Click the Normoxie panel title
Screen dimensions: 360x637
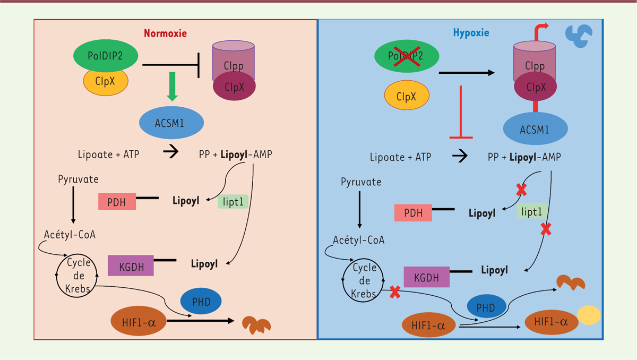[x=165, y=33]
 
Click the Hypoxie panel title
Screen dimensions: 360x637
[x=471, y=33]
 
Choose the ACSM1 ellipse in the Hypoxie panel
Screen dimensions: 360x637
[x=536, y=130]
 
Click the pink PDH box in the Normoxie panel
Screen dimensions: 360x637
[x=117, y=201]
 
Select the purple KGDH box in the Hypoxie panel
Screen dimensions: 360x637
[x=427, y=277]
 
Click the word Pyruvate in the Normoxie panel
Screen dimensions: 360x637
[x=78, y=179]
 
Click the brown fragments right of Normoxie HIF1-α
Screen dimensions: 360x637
[x=256, y=323]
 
